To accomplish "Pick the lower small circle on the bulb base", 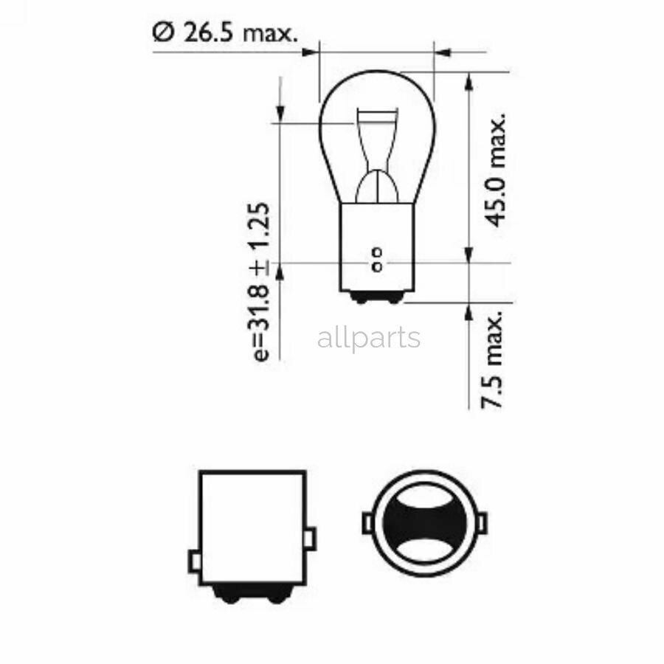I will tap(377, 265).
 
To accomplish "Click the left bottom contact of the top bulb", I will tap(362, 297).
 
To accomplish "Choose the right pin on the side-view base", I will tap(311, 538).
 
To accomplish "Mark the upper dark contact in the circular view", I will tap(423, 507).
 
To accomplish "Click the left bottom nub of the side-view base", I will tap(226, 595).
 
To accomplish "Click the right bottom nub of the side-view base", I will tap(277, 595).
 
